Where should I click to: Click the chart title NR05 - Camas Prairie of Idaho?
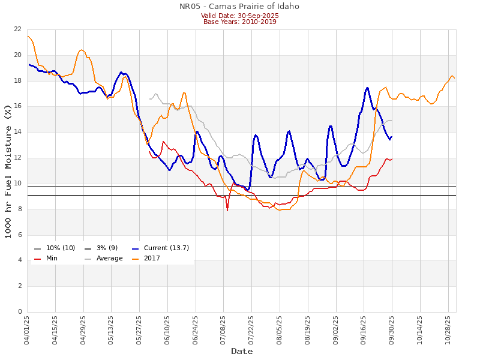(x=239, y=7)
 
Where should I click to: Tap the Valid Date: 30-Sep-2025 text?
(x=239, y=15)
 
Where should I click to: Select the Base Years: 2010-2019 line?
(x=239, y=22)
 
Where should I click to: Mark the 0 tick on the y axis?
(x=20, y=312)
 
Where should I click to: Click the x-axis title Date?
(x=242, y=351)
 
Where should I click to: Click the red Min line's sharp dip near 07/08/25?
(x=227, y=210)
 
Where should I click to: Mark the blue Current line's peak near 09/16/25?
(x=367, y=88)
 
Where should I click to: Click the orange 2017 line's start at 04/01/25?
(x=28, y=37)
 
